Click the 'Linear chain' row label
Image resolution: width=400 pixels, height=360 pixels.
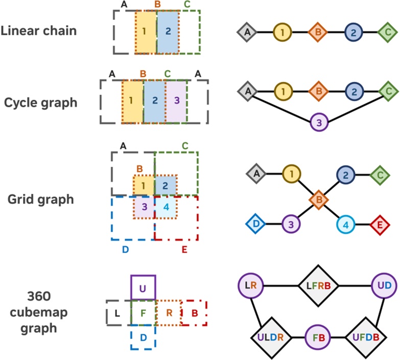(x=39, y=31)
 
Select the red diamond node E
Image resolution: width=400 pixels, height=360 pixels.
(x=380, y=224)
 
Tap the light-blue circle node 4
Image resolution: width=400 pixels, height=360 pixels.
(x=346, y=224)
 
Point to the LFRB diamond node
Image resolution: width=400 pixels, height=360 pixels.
(x=318, y=285)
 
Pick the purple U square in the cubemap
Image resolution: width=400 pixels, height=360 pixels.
(x=143, y=288)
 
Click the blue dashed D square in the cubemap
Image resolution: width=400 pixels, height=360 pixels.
(x=143, y=338)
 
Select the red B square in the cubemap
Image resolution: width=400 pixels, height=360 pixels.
(x=194, y=313)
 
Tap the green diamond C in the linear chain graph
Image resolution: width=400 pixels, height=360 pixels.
(x=387, y=33)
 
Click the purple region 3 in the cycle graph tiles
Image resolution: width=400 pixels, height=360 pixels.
(x=176, y=101)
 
